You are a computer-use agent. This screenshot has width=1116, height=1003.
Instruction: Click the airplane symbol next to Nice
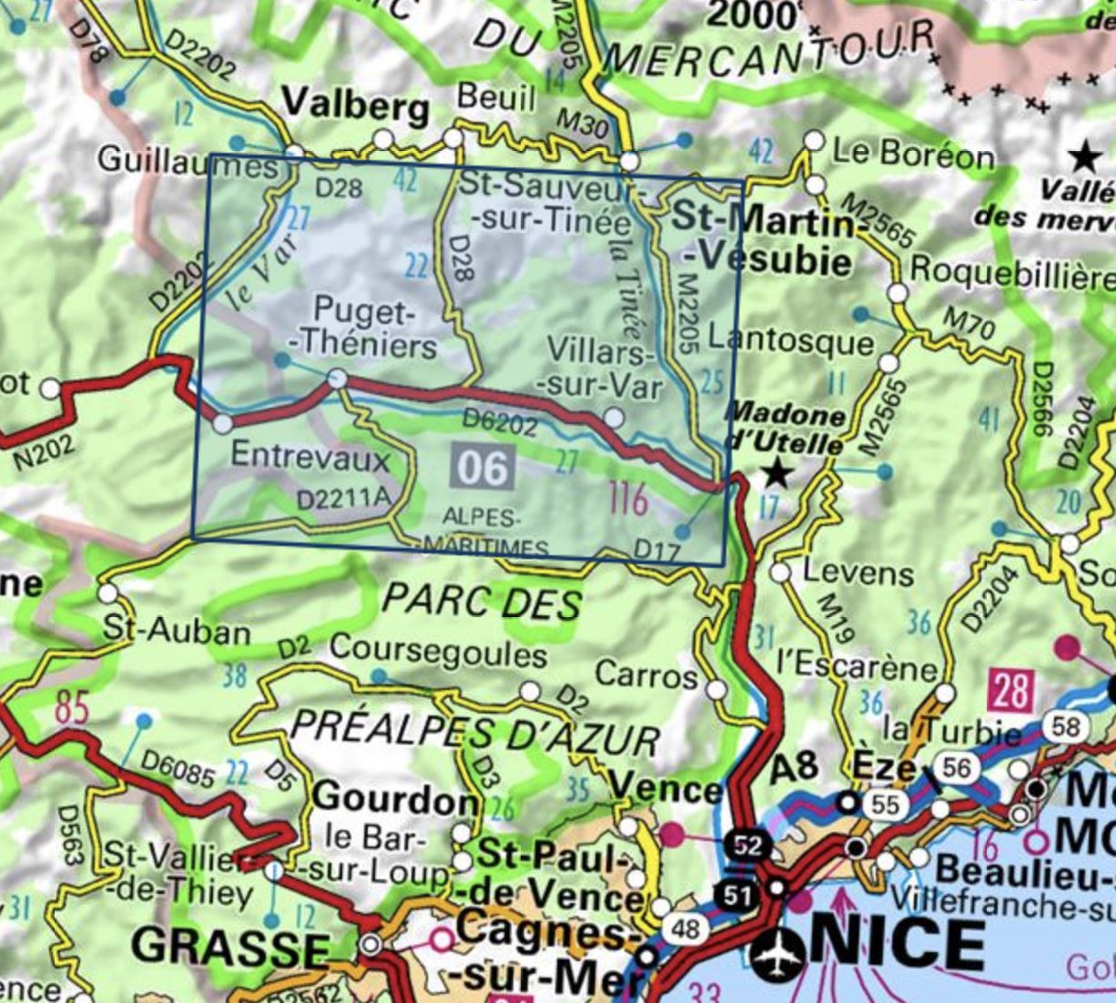click(778, 952)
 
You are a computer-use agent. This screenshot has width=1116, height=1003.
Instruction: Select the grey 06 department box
click(482, 467)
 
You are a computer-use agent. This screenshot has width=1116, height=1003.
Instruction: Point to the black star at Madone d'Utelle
click(776, 472)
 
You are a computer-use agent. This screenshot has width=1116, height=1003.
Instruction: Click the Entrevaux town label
click(310, 455)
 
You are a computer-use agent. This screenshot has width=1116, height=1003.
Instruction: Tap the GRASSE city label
click(230, 947)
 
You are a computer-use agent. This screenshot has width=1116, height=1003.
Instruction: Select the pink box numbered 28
click(1010, 692)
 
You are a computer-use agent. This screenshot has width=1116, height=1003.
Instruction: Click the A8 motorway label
click(794, 767)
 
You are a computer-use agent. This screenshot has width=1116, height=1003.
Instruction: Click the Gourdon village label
click(395, 798)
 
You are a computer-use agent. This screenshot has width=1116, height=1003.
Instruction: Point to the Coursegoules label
click(438, 652)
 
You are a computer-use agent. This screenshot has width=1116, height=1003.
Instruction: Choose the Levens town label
click(857, 573)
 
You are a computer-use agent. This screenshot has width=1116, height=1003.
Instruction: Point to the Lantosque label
click(790, 341)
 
